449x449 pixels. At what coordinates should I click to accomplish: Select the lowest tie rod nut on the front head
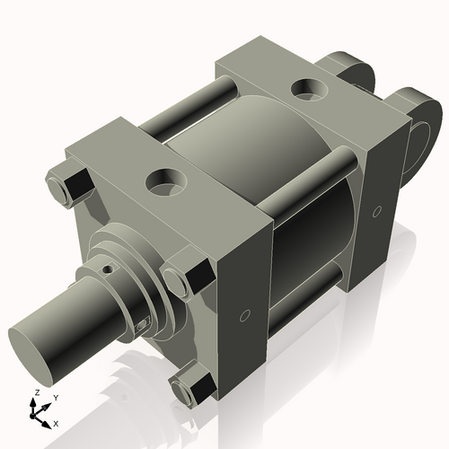pyautogui.click(x=193, y=388)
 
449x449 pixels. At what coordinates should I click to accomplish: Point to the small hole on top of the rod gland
pyautogui.click(x=109, y=268)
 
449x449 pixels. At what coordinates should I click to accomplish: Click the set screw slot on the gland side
pyautogui.click(x=143, y=321)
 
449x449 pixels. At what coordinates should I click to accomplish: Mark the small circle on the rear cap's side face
pyautogui.click(x=377, y=211)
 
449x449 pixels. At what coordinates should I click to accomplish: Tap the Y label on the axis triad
pyautogui.click(x=55, y=397)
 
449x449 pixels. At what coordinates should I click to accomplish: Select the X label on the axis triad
pyautogui.click(x=56, y=422)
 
